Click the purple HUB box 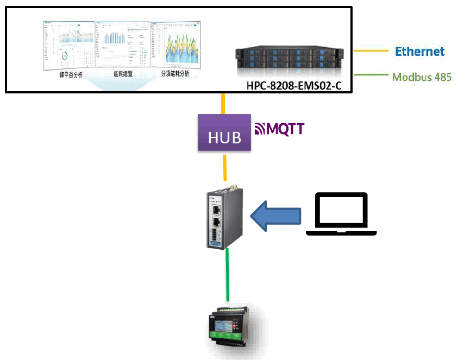pos(224,133)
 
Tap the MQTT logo pos(280,129)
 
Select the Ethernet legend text pos(419,52)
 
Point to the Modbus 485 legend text pos(422,77)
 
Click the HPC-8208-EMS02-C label pos(294,86)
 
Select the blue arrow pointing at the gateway pos(275,216)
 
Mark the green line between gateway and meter pos(228,274)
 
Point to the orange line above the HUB pos(223,103)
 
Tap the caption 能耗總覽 pos(124,73)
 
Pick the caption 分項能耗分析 pos(175,73)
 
